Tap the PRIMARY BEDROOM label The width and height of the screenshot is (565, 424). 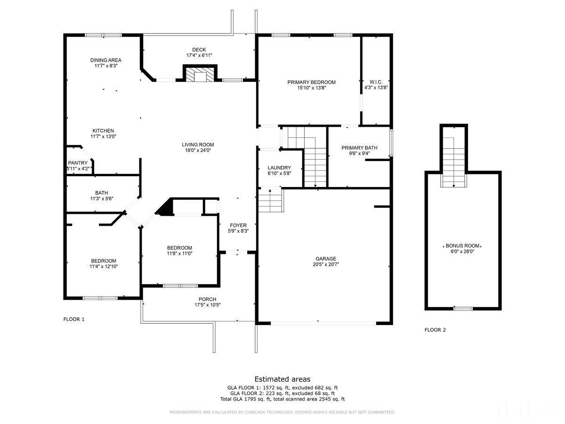click(311, 82)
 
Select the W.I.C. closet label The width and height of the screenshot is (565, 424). click(376, 82)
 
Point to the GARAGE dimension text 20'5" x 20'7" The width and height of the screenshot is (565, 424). click(326, 264)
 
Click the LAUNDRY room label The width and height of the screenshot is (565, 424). click(279, 168)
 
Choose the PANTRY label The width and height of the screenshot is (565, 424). click(78, 163)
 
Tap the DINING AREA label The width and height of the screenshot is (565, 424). click(105, 60)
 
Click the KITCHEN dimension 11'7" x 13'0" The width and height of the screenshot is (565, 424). click(103, 137)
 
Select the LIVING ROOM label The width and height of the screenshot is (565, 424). click(198, 145)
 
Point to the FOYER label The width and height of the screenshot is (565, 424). click(238, 225)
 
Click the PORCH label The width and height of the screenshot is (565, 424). click(207, 299)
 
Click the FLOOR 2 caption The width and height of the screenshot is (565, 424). click(435, 330)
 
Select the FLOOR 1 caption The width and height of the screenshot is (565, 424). click(74, 319)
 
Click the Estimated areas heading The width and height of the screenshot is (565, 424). click(282, 379)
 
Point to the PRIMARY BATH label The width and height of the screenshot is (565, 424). click(359, 147)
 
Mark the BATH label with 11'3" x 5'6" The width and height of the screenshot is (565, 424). click(101, 193)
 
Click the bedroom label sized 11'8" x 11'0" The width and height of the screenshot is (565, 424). click(179, 248)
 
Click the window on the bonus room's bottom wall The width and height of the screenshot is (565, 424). click(462, 309)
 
